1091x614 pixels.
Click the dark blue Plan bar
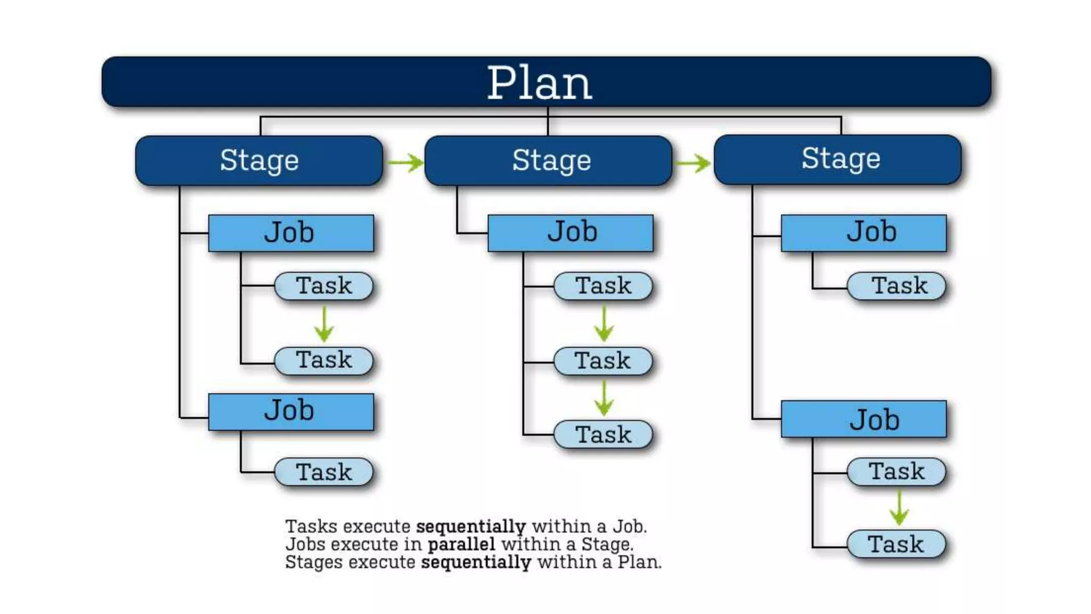click(x=546, y=82)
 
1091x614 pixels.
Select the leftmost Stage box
click(x=259, y=160)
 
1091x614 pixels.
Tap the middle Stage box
click(x=548, y=160)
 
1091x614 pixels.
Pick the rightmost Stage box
click(x=837, y=159)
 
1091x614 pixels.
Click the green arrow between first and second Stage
click(x=405, y=162)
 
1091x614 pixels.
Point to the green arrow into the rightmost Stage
click(x=693, y=163)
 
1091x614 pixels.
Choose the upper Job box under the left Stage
click(x=291, y=233)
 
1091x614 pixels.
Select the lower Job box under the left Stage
click(x=291, y=411)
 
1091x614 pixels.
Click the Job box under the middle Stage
click(x=570, y=233)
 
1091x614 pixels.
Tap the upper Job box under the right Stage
click(x=864, y=233)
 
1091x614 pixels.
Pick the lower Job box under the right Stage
click(x=864, y=419)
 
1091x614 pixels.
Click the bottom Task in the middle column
click(x=603, y=434)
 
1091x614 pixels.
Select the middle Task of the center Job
click(x=603, y=361)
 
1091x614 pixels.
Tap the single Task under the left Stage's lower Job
click(x=324, y=472)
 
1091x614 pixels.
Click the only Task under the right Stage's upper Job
click(x=897, y=286)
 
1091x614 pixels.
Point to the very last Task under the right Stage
click(x=897, y=544)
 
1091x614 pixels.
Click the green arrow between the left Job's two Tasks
click(x=324, y=324)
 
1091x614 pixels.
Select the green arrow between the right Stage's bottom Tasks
click(x=899, y=507)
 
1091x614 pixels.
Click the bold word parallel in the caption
click(x=461, y=544)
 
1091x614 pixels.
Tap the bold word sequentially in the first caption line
click(x=471, y=527)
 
